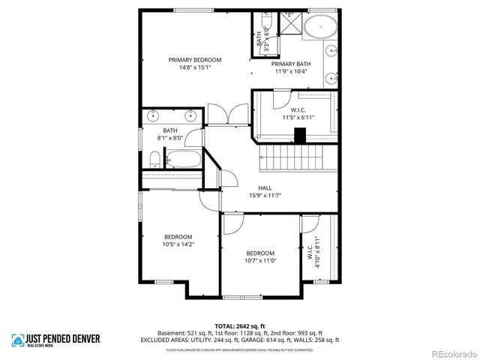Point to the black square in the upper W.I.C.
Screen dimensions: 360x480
pos(300,136)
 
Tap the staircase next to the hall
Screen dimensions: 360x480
pos(290,158)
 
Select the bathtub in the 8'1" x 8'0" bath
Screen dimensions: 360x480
pos(183,160)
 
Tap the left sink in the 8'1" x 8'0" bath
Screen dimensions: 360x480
pos(154,117)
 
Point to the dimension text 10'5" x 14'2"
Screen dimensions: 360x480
pos(178,244)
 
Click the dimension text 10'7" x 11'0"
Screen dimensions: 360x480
pos(260,260)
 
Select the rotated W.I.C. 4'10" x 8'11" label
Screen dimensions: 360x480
pos(309,252)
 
